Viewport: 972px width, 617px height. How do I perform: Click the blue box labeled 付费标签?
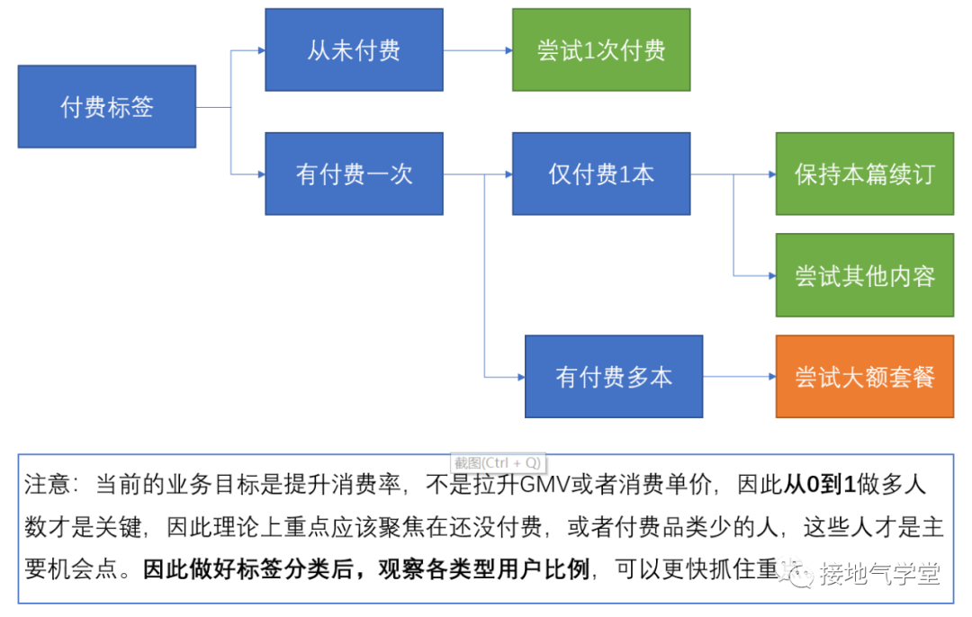click(107, 107)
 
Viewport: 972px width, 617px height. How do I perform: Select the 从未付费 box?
click(354, 50)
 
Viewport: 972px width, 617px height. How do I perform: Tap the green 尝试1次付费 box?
click(601, 50)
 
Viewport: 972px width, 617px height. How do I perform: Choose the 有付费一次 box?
click(354, 174)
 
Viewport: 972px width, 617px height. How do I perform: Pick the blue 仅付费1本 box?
click(601, 174)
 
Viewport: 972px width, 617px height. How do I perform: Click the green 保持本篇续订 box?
click(864, 174)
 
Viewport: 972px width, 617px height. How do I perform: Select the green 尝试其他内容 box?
click(864, 275)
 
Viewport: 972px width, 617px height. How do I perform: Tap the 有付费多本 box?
click(614, 377)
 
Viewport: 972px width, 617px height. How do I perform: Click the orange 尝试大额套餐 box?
click(864, 377)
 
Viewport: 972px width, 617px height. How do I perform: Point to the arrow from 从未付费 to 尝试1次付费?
click(478, 50)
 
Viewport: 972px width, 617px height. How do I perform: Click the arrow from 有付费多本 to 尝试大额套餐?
click(739, 377)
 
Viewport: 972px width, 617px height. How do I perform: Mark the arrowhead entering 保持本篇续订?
click(770, 174)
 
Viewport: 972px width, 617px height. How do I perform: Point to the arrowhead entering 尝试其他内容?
click(770, 275)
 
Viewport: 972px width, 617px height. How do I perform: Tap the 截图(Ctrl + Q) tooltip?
click(497, 462)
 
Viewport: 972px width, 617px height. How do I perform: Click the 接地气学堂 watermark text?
click(878, 573)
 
